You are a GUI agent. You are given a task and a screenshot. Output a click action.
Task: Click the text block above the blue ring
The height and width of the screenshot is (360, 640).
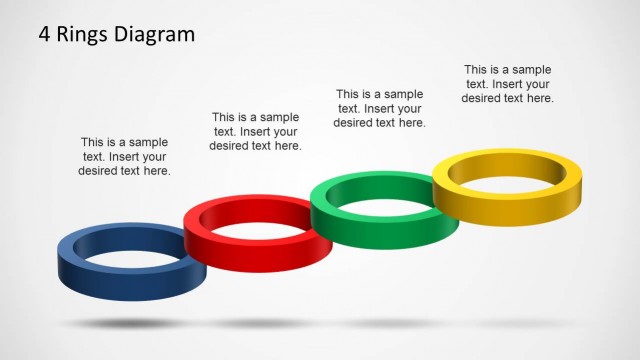click(124, 156)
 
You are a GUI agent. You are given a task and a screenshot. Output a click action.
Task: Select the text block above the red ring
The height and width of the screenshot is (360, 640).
click(255, 131)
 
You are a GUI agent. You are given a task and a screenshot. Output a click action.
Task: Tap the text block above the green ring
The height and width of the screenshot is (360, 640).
click(380, 107)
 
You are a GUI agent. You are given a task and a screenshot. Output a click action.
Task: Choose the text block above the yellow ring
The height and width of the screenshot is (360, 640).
click(509, 83)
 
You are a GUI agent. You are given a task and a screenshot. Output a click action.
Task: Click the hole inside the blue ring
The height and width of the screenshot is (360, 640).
click(125, 252)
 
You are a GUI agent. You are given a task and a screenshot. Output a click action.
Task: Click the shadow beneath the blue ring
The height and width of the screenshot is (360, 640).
click(125, 323)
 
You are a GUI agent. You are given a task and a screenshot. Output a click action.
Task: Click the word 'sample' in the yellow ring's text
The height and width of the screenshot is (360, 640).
click(530, 69)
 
